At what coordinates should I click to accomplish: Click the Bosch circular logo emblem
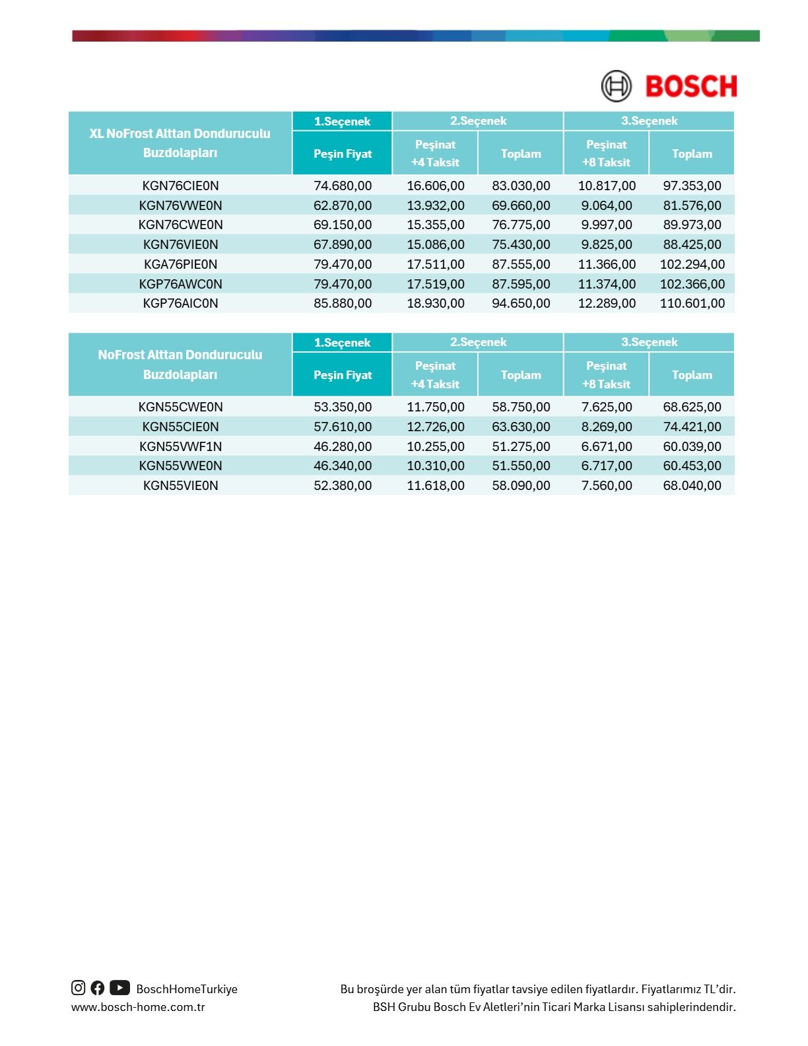tap(616, 87)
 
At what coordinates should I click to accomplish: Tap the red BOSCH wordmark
tap(690, 87)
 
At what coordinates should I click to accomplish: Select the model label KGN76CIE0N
tap(180, 186)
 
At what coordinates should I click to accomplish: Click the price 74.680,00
tap(343, 186)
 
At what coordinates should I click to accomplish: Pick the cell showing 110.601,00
tap(692, 303)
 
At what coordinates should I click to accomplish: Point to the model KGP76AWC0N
tap(180, 284)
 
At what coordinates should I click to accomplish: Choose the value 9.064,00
tap(607, 205)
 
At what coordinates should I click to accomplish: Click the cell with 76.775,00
tap(521, 225)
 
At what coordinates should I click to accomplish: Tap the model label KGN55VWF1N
tap(180, 446)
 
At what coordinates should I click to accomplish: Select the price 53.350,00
tap(343, 407)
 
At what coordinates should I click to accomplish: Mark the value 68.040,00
tap(692, 485)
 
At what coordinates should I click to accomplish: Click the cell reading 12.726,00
tap(436, 427)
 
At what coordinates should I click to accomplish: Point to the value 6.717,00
tap(607, 466)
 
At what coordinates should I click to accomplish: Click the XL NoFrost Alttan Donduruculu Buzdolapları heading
tap(180, 143)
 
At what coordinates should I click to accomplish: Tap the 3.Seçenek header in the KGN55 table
tap(649, 342)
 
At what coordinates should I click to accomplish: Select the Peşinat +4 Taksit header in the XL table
tap(435, 153)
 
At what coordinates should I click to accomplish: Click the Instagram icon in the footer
tap(79, 988)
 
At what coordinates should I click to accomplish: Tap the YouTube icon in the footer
tap(119, 988)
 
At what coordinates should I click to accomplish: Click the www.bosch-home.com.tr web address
tap(138, 1007)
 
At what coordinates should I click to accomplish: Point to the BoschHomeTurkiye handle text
tap(187, 989)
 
